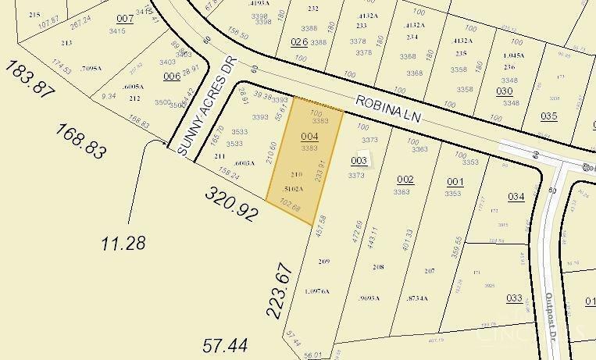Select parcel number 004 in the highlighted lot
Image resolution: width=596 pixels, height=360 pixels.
309,136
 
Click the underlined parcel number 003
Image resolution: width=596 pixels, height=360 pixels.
359,160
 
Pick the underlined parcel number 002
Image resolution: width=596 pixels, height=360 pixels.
405,180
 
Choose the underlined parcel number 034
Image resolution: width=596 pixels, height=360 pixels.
516,196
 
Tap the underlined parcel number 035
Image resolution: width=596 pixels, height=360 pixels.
548,116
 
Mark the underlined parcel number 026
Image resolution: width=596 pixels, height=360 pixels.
299,41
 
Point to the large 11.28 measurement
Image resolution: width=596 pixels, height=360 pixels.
123,244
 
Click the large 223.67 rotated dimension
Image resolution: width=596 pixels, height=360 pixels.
279,290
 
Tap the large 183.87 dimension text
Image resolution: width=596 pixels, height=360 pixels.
30,79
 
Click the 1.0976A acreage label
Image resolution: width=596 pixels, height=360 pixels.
317,291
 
